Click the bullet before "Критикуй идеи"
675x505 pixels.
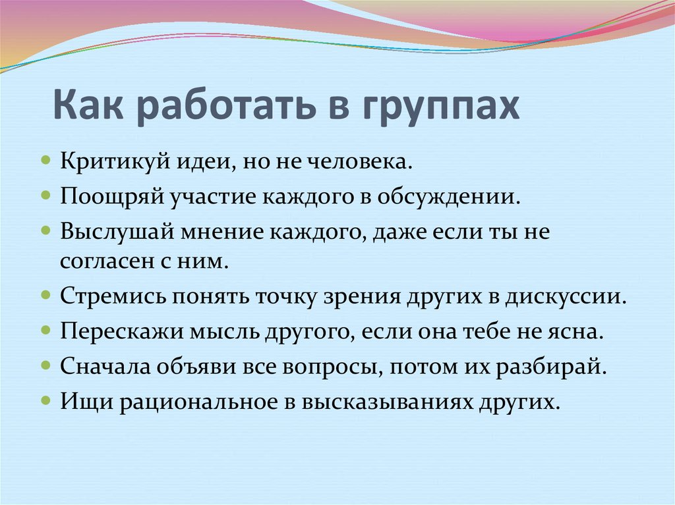click(x=45, y=161)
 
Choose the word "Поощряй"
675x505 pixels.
click(x=113, y=196)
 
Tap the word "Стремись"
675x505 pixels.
click(x=112, y=296)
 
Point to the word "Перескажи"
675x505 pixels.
click(x=119, y=331)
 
